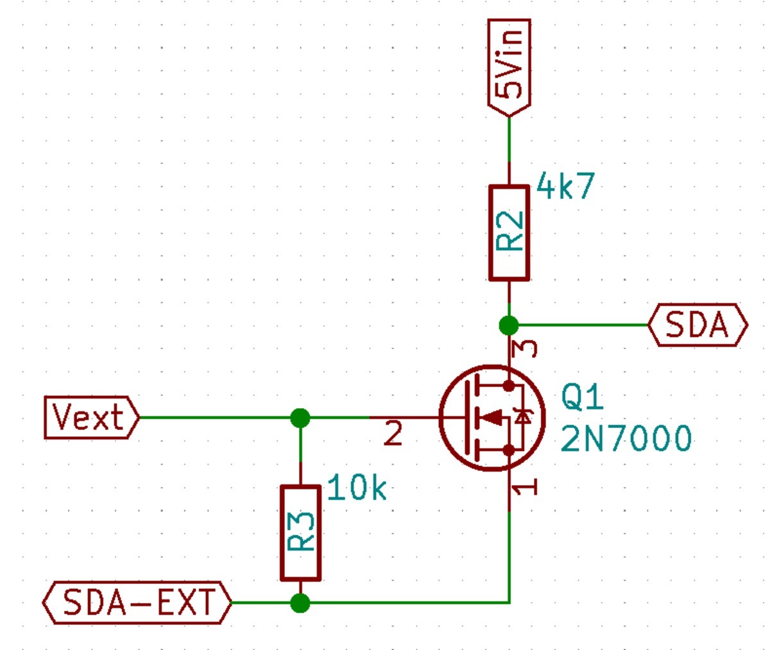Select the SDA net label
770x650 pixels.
697,325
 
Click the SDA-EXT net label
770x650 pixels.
137,603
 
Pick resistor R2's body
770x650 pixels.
509,233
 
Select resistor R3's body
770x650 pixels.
300,533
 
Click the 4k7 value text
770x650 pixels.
565,187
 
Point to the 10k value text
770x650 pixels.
357,489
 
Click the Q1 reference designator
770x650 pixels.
582,398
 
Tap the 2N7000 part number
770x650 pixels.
626,440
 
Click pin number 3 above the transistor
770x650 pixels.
527,348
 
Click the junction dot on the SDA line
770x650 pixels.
509,325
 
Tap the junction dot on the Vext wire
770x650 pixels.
300,418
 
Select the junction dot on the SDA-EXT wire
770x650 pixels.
300,603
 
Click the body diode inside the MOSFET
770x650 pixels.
524,418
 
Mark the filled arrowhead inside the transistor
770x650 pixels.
493,418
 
